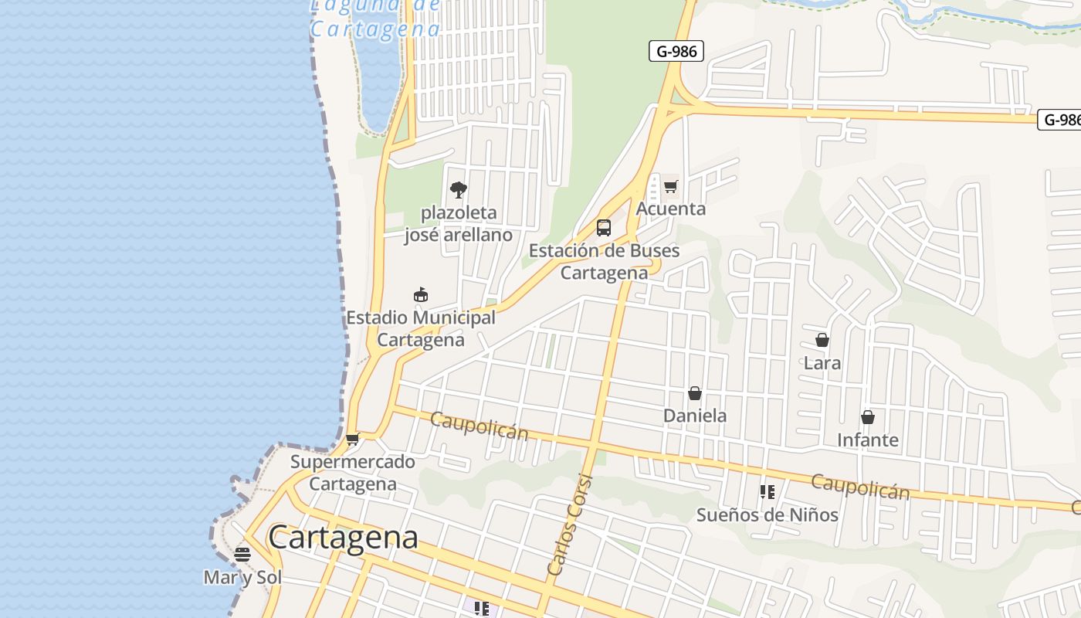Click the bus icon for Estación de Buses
pos(604,228)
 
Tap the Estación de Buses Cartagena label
pos(604,262)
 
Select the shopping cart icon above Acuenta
pos(670,186)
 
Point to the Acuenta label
pos(670,209)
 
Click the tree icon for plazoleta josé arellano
pos(458,190)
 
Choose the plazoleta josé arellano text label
pos(459,223)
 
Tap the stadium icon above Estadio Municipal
pos(421,294)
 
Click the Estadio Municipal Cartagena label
pos(421,328)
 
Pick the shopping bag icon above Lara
pos(822,340)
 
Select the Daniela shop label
pos(695,416)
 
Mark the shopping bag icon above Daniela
pos(695,393)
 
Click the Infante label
pos(868,440)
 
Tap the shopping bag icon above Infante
pos(868,417)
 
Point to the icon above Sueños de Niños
pos(767,491)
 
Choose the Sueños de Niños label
pos(767,514)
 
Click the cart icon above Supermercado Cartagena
pos(353,440)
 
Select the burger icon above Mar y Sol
pos(242,554)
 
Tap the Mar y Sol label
pos(242,577)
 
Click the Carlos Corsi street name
pos(570,525)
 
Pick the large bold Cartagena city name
pos(344,537)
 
